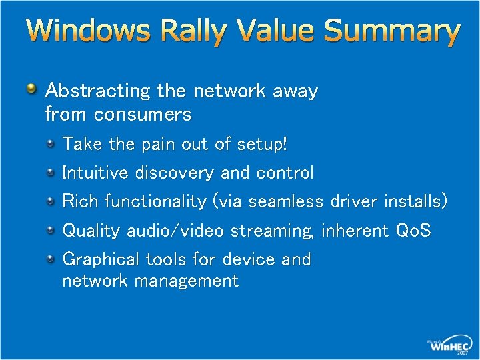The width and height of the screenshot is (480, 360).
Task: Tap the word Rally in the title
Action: (181, 32)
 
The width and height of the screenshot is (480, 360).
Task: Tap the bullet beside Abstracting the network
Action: (31, 88)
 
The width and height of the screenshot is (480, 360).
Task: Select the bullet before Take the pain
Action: (51, 143)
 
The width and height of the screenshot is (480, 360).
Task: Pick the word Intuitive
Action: (95, 173)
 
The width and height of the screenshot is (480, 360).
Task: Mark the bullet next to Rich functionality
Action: (51, 201)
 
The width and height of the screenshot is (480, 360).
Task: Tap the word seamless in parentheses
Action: (287, 201)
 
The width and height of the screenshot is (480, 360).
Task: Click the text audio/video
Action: (176, 231)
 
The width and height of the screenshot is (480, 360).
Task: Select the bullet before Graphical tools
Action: (51, 258)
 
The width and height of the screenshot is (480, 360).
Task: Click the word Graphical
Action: (101, 259)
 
